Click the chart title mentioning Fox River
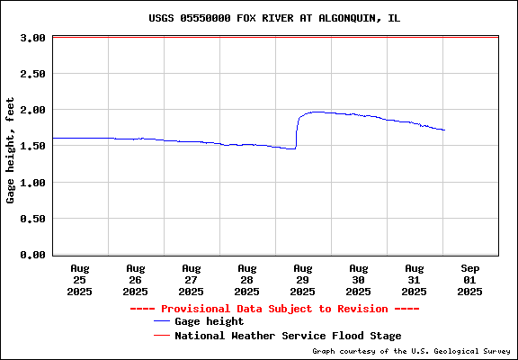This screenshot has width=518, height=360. coord(274,18)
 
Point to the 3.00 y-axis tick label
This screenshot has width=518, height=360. coord(32,38)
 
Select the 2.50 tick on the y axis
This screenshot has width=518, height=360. coord(32,74)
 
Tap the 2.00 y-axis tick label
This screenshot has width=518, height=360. coord(32,110)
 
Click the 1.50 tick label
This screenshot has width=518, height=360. coord(32,146)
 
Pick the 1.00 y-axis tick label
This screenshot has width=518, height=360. coord(32,183)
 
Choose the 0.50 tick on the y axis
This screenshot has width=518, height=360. coord(32,219)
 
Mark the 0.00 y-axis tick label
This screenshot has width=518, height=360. coord(32,255)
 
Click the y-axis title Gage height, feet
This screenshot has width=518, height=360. coord(10,150)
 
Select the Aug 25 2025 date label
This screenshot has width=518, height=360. coord(80,280)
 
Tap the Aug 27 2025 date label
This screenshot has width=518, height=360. coord(192,280)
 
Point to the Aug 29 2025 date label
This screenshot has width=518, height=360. coord(302,280)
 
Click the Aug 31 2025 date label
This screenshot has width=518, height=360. coord(415,280)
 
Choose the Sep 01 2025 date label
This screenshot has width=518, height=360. coord(469,280)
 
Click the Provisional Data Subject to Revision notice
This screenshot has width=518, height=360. coord(274,309)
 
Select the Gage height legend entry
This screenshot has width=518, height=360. coord(199,321)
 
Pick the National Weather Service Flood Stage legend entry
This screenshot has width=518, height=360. coord(278,336)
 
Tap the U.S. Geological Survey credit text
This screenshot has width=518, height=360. coord(411,351)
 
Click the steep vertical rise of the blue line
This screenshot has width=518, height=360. coord(297,132)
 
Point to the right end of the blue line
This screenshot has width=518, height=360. coord(444,130)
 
